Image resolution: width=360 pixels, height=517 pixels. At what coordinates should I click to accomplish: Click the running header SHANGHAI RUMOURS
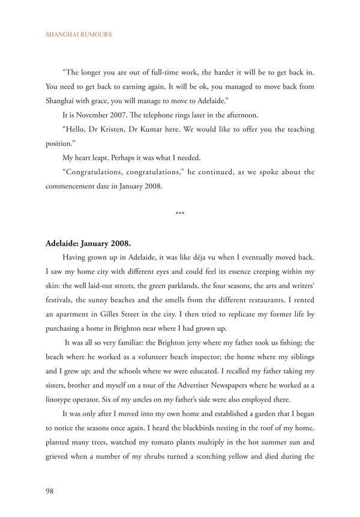pos(79,35)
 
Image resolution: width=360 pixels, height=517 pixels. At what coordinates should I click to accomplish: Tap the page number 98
pos(50,491)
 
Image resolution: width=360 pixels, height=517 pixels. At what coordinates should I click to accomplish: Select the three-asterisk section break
pos(180,214)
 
